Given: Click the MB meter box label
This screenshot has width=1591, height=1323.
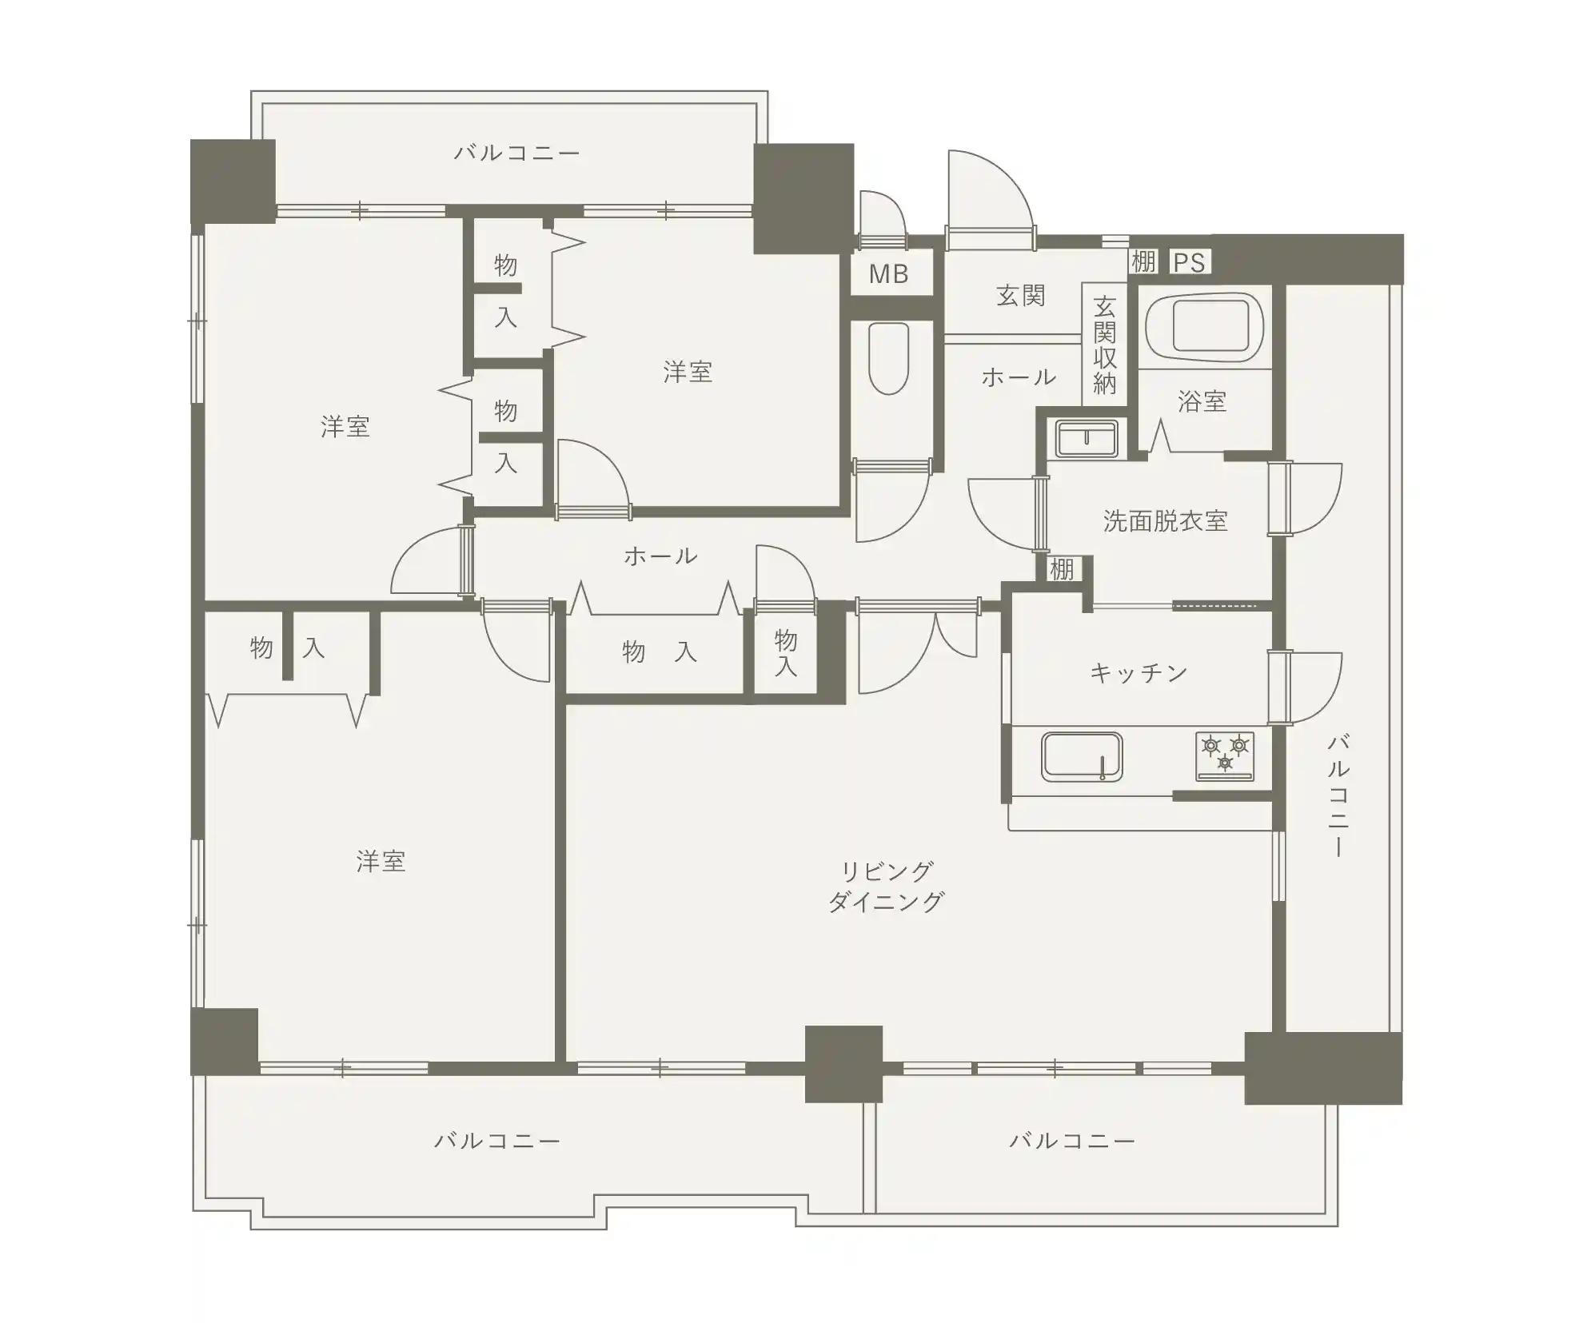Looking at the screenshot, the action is pos(888,274).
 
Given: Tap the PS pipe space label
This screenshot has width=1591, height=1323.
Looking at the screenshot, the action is pos(1189,262).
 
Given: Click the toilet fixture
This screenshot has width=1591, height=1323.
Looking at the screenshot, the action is pos(888,358).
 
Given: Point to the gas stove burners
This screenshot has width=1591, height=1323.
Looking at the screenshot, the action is pos(1225,755).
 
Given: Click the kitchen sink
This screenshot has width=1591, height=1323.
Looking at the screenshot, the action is pos(1081,755).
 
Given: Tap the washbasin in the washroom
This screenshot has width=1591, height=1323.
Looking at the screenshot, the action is pos(1087,438).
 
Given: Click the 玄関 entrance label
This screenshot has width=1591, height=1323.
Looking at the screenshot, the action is pos(1021,296).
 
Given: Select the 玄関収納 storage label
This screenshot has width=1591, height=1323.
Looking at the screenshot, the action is pos(1104,345).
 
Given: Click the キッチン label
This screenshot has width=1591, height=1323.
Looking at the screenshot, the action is pos(1138,673).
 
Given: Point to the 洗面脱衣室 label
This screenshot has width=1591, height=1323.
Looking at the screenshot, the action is pos(1165,521).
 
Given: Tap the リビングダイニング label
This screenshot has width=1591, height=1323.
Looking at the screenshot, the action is pos(887,886).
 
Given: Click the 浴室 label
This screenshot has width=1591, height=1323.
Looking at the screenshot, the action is pos(1202,401).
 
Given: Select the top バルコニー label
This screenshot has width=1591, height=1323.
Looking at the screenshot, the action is pos(516,153).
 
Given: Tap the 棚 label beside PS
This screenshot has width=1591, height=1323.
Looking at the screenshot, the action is pos(1142,261).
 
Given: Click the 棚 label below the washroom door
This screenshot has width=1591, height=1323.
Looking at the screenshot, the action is pos(1061,569).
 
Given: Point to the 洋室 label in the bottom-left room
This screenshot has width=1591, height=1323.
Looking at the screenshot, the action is pos(381,862).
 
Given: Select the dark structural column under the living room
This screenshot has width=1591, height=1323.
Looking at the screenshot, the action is pos(843,1064).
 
